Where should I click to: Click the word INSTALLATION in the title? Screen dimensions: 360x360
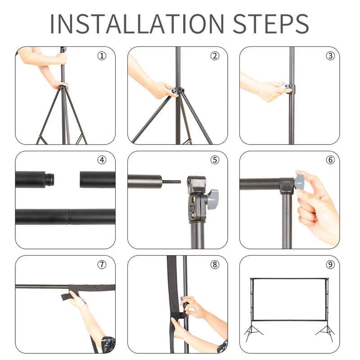point(137,24)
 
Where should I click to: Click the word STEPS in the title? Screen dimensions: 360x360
point(271,24)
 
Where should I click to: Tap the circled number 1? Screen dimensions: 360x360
point(102,56)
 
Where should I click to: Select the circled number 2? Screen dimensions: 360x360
point(215,56)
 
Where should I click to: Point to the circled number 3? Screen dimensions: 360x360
point(330,56)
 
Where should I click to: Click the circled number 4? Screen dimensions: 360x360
point(102,160)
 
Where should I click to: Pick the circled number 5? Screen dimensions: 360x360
point(215,160)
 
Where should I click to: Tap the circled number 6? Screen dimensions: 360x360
point(330,160)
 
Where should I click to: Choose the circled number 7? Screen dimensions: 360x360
point(102,265)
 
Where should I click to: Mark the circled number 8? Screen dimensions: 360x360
point(215,265)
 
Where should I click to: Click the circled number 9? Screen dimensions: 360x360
point(330,265)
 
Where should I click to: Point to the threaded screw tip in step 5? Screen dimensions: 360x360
point(171,182)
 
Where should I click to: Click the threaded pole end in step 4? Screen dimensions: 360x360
point(49,179)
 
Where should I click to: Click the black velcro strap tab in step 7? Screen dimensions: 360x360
point(66,297)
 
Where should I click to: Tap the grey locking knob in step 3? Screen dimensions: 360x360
point(287,87)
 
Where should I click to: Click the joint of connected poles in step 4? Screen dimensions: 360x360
point(69,216)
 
